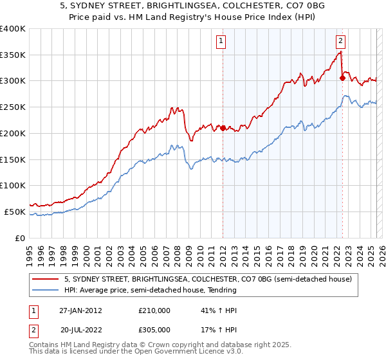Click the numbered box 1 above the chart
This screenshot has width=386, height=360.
221,41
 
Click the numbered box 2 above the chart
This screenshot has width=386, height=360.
340,41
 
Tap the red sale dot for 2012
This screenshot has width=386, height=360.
223,128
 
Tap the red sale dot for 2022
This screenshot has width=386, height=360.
342,78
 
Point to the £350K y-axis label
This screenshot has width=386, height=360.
13,55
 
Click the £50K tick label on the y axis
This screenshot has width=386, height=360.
15,212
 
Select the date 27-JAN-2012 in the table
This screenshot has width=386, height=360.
80,310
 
